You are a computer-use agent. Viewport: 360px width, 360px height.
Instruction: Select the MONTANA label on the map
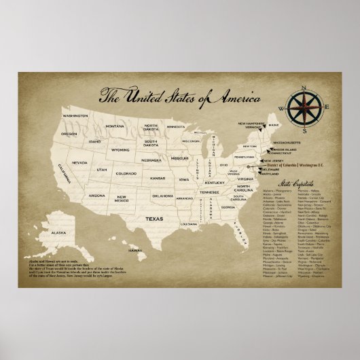click(x=114, y=126)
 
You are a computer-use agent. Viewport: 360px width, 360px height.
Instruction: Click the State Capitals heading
click(x=285, y=185)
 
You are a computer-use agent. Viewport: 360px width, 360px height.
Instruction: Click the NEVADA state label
click(x=79, y=164)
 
